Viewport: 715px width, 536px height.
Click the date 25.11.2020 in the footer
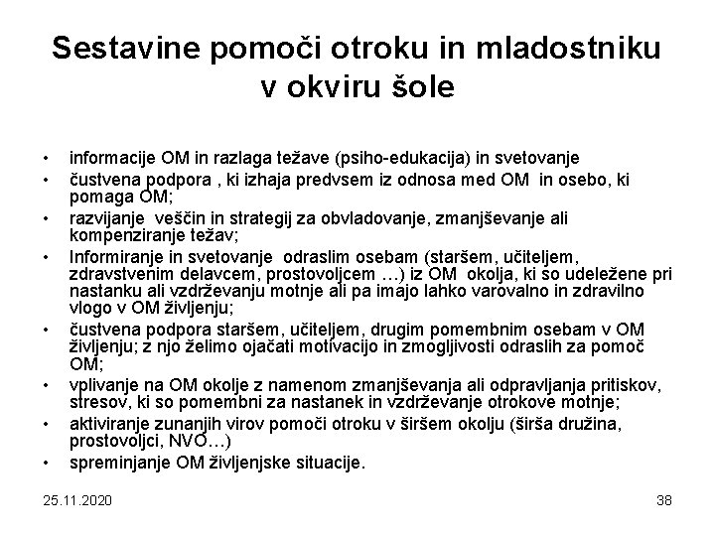coord(78,500)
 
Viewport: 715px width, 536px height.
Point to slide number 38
coord(663,500)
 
